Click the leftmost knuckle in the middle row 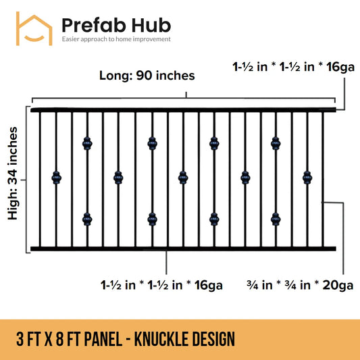click(56, 178)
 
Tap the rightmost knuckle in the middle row click(307, 178)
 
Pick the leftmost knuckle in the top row click(87, 143)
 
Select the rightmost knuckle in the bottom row click(276, 218)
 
